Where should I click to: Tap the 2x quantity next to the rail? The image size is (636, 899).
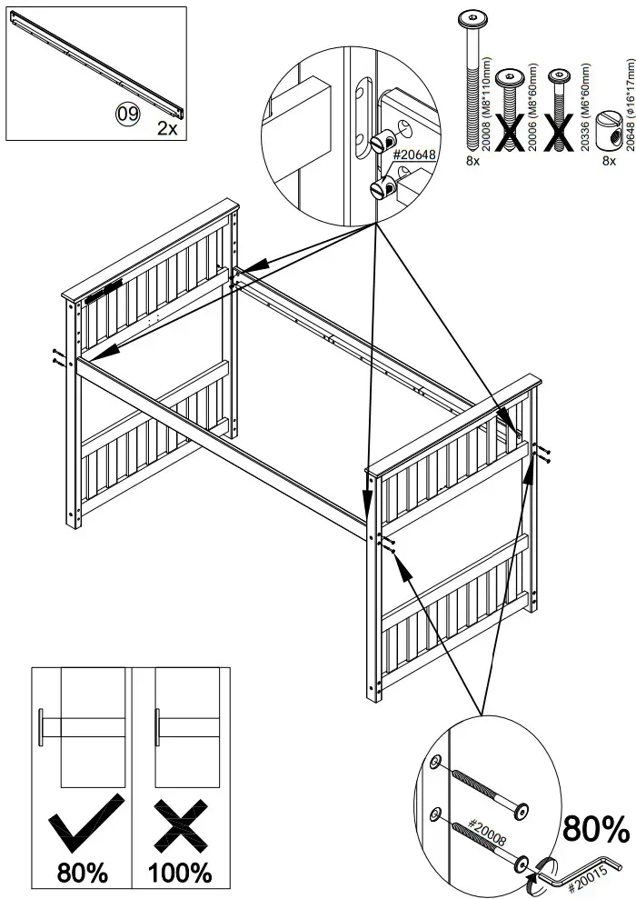pyautogui.click(x=166, y=128)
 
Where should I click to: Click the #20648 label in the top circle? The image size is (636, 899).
pyautogui.click(x=414, y=155)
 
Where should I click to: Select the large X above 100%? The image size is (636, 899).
pyautogui.click(x=181, y=821)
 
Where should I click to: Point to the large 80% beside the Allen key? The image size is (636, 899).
pyautogui.click(x=596, y=829)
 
